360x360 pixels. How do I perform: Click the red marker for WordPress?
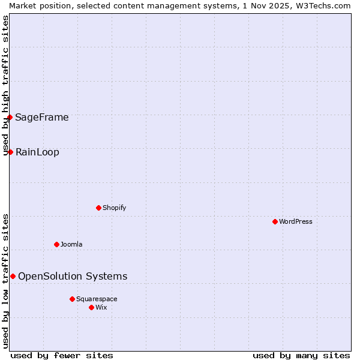[x=275, y=221]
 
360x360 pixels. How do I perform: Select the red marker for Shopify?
[x=98, y=208]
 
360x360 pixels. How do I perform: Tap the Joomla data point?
[x=56, y=244]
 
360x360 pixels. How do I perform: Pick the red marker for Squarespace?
[x=72, y=299]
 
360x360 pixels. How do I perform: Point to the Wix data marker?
[x=91, y=307]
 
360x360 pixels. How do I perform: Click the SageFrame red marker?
[x=10, y=117]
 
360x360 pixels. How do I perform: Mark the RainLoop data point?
[x=10, y=152]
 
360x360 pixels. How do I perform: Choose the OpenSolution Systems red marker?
[x=13, y=276]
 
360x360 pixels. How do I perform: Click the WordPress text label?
[x=296, y=221]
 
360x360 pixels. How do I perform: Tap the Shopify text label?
[x=114, y=208]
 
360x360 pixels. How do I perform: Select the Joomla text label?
[x=71, y=244]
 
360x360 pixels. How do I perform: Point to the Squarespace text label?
[x=97, y=299]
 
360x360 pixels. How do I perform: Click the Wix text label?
[x=101, y=307]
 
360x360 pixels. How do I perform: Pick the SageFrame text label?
[x=42, y=117]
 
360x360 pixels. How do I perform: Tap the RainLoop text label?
[x=37, y=152]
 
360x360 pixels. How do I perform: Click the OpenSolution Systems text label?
[x=73, y=276]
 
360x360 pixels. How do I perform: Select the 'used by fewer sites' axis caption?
[x=62, y=355]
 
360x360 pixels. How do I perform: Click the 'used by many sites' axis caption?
[x=301, y=355]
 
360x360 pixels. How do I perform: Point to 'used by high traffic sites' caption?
[x=6, y=85]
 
